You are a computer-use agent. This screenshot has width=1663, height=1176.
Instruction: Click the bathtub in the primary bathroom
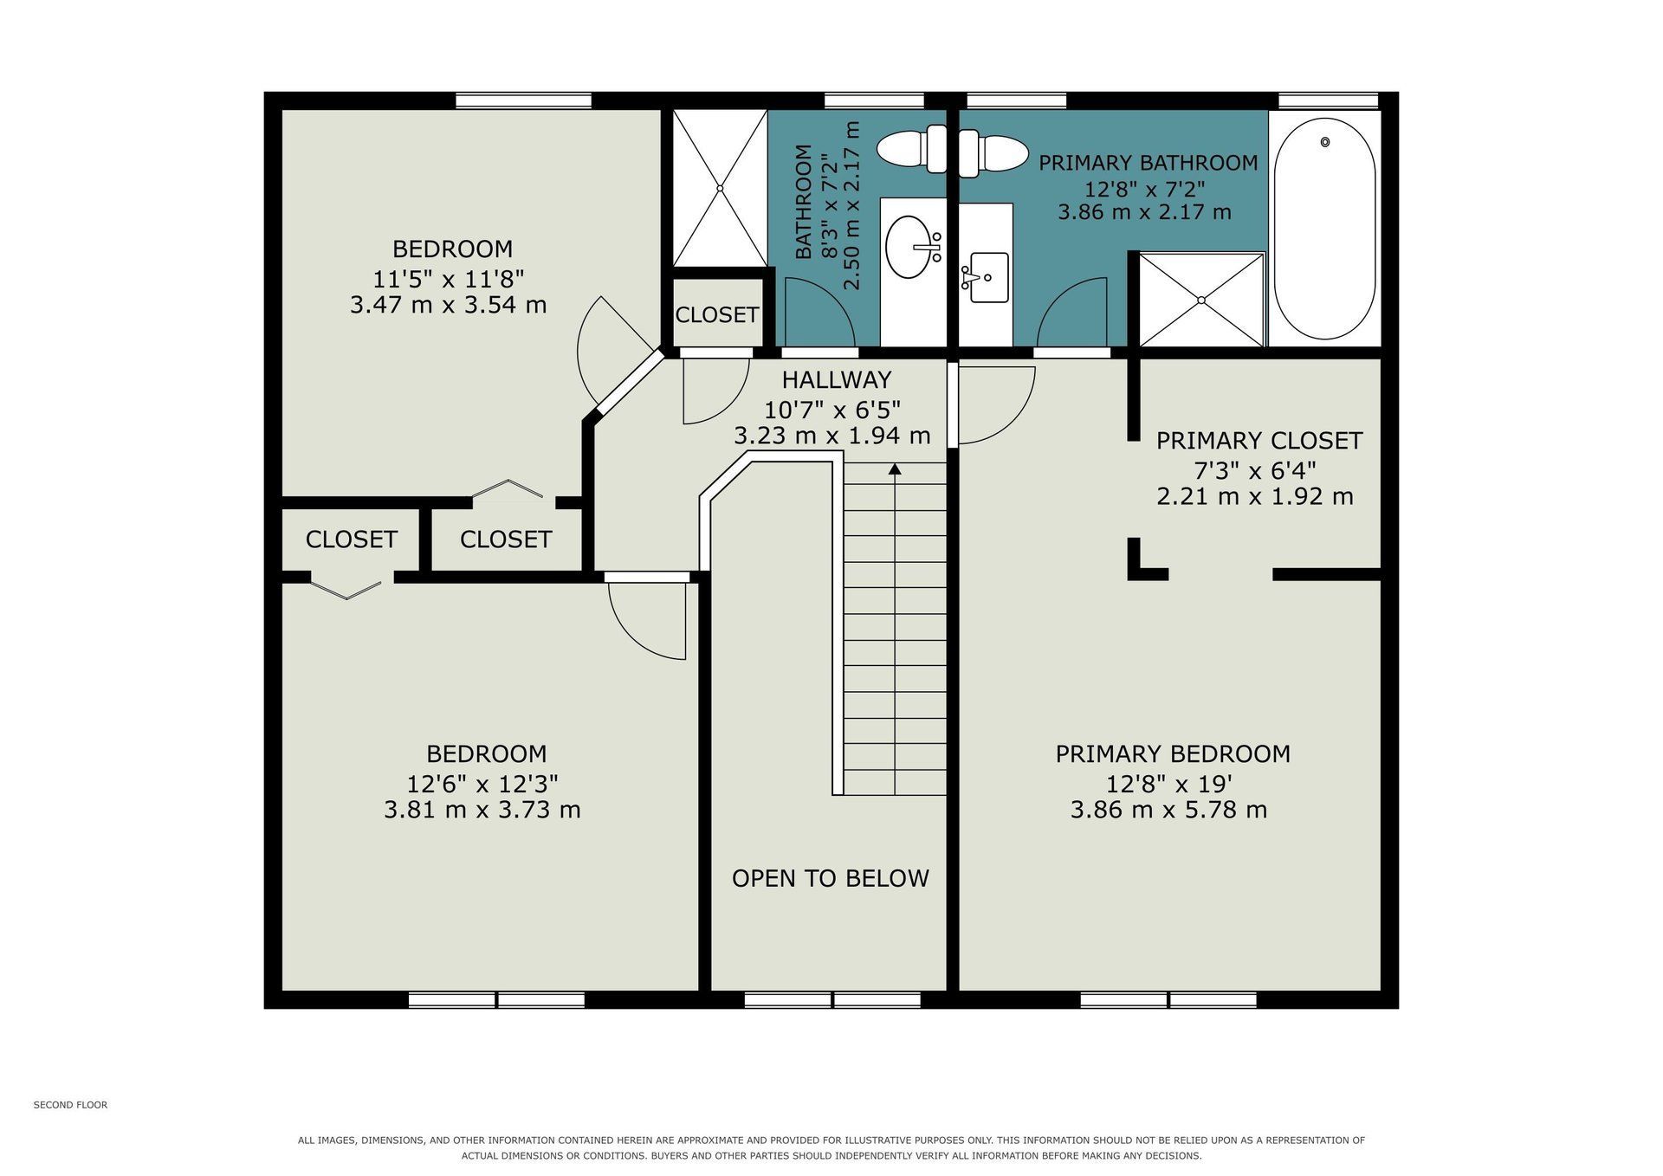(1324, 229)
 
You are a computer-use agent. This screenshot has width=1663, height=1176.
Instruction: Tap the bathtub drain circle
(1324, 142)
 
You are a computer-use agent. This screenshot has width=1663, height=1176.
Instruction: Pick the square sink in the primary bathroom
(989, 277)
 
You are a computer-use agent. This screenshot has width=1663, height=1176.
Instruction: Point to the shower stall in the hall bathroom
(720, 187)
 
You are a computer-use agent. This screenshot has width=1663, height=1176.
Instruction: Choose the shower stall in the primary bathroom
(1201, 300)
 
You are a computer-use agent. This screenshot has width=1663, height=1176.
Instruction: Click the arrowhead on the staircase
(895, 469)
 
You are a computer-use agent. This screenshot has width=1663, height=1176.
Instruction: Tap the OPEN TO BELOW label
(830, 878)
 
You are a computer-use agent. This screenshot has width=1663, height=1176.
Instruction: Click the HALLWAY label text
(836, 380)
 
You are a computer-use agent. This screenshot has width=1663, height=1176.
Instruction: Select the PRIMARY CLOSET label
(1259, 441)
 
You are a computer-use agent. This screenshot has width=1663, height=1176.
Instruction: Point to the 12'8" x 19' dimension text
(1169, 784)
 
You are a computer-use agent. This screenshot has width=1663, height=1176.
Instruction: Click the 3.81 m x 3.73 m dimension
(482, 810)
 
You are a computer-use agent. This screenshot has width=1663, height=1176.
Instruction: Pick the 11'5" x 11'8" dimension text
(449, 279)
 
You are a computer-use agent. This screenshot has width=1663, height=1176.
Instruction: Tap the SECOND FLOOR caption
(70, 1105)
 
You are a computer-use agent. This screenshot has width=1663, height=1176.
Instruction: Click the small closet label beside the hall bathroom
(717, 315)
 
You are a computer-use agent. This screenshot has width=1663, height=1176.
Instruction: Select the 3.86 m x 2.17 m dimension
(1144, 212)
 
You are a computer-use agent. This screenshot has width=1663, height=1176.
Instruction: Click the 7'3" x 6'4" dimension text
(1255, 471)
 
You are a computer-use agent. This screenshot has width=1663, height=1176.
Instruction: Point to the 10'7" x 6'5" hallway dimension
(832, 409)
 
